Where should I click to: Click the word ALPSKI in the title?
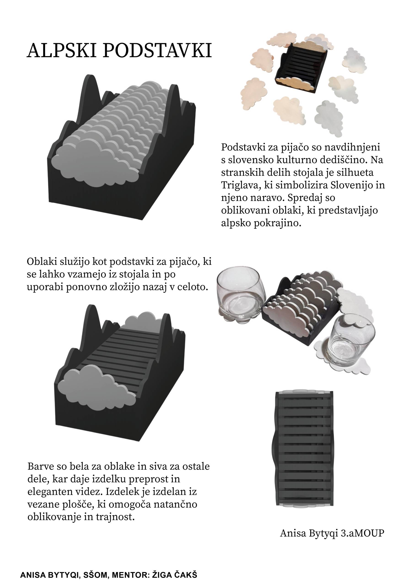pyautogui.click(x=62, y=50)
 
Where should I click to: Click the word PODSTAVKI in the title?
pyautogui.click(x=157, y=50)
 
